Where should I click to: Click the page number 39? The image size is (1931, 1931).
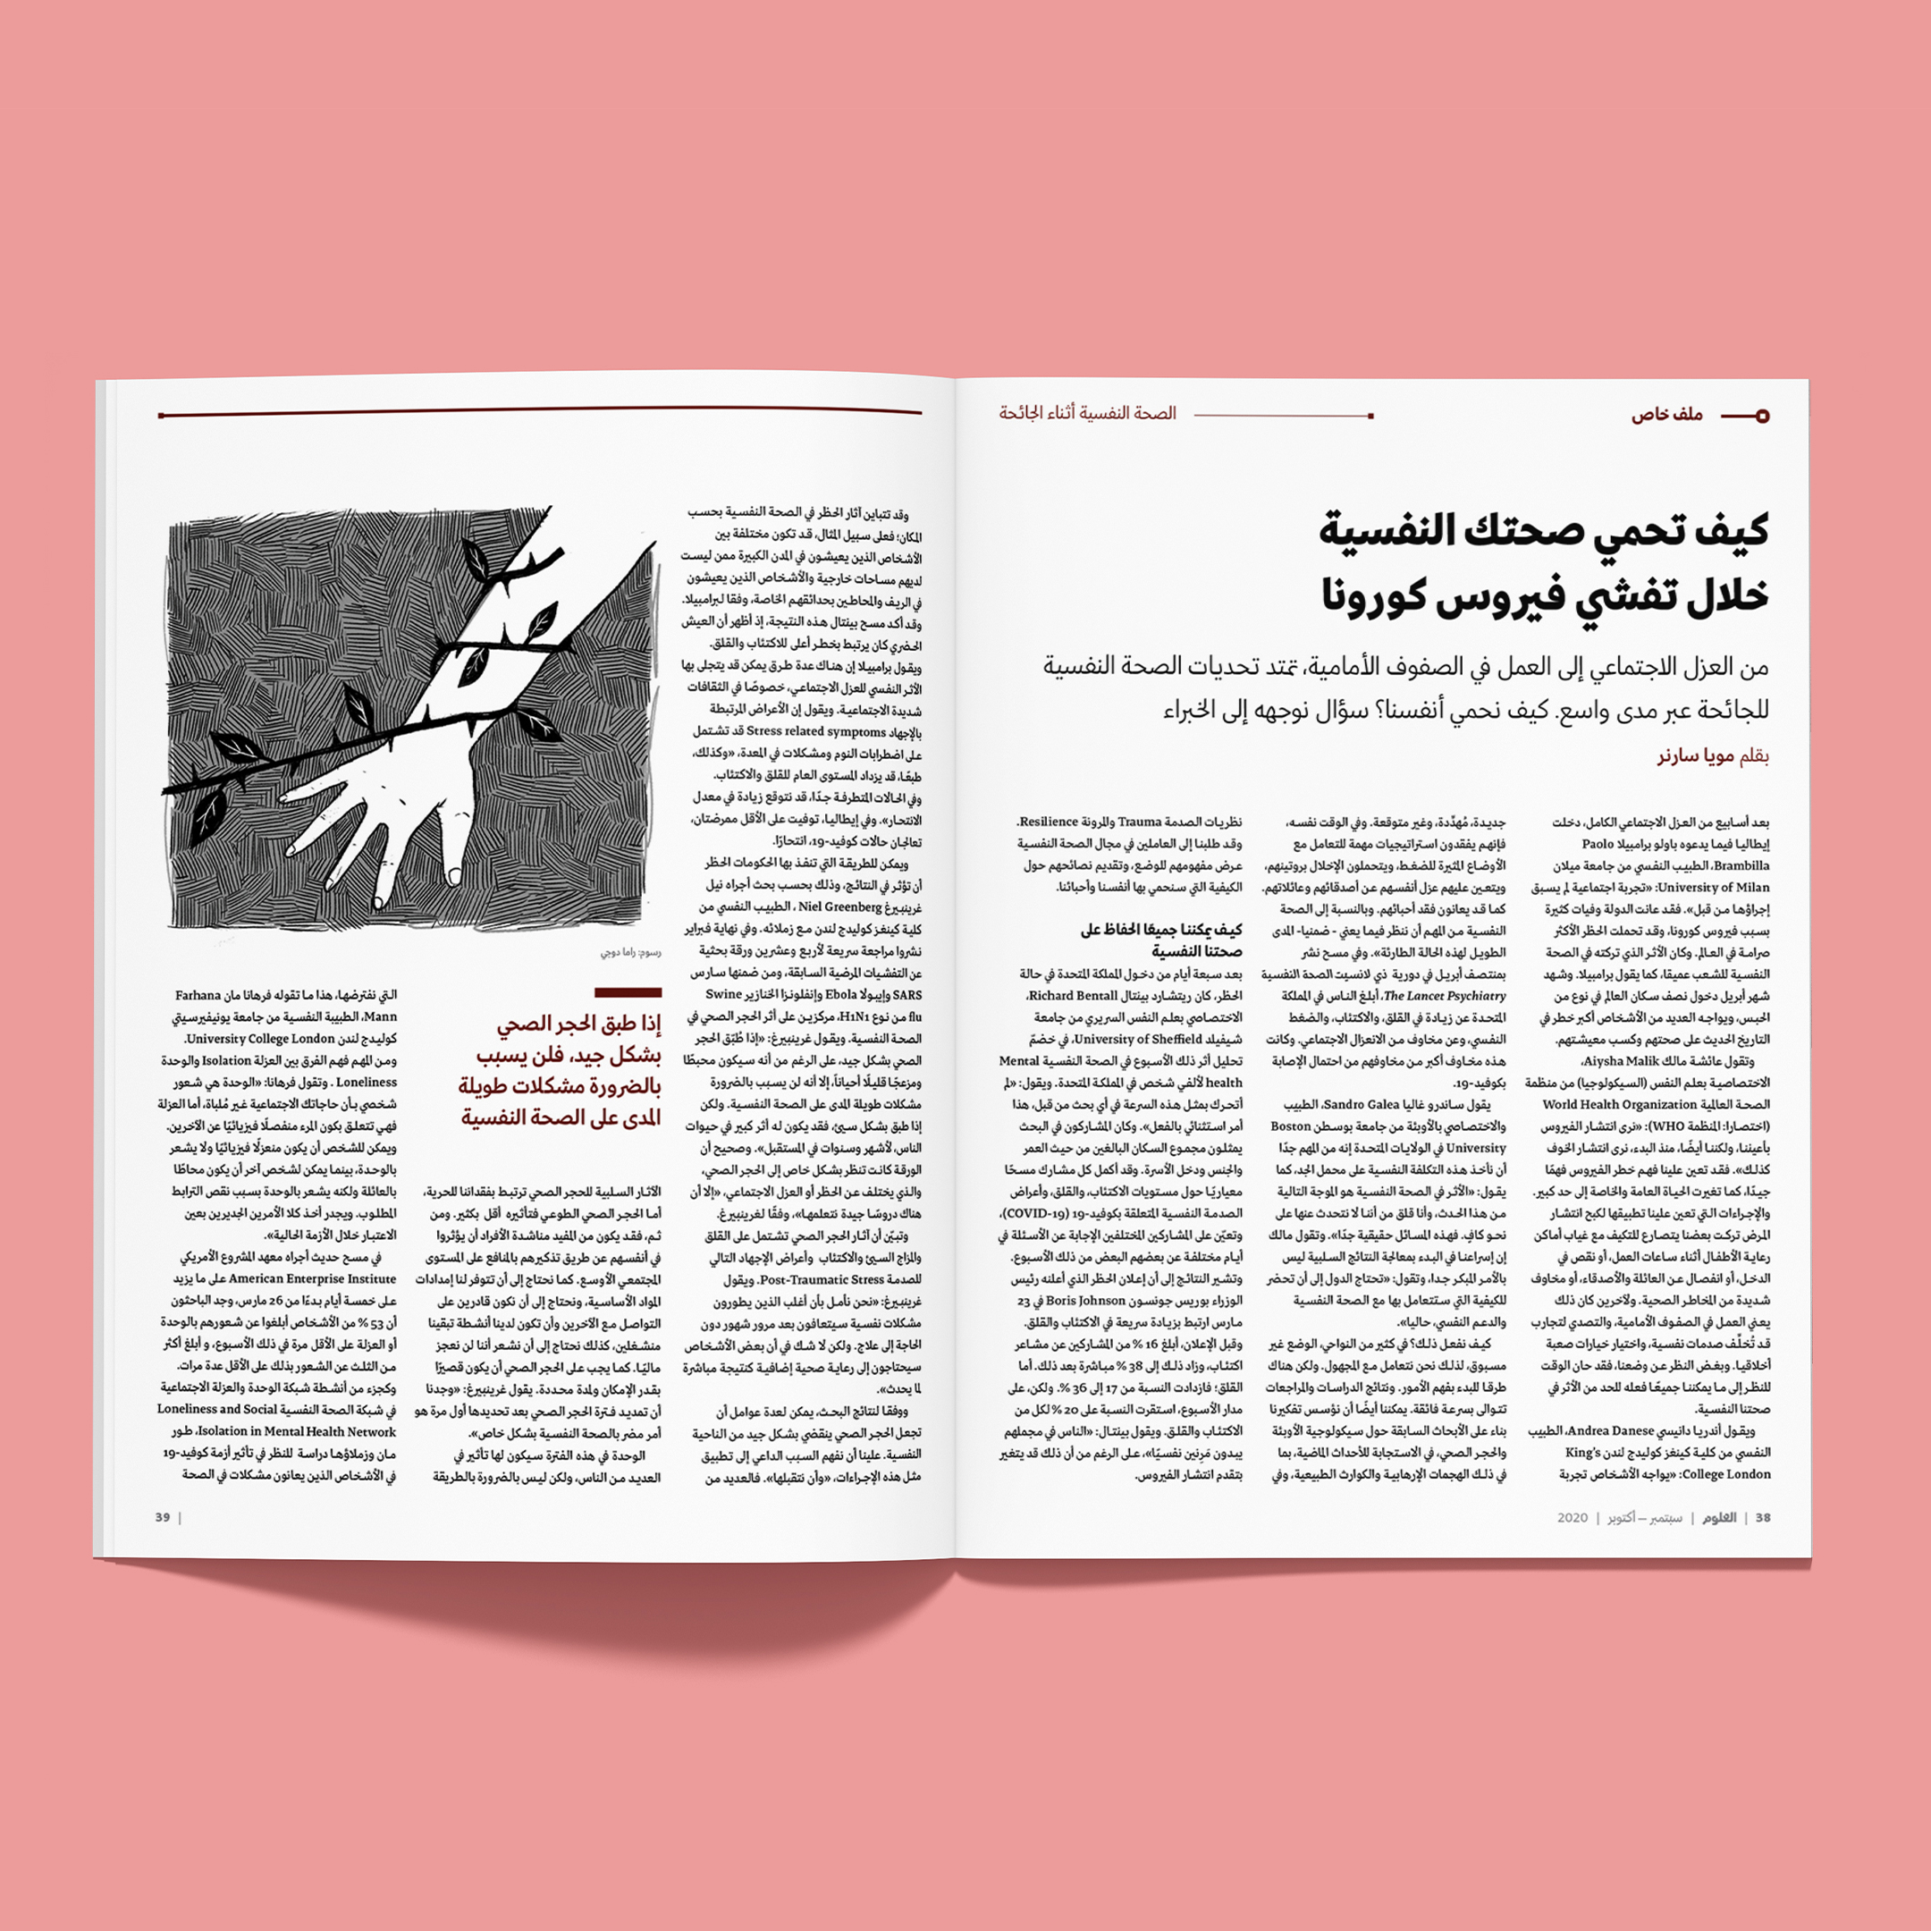163,1517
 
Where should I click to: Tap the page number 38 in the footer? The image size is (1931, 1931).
1762,1517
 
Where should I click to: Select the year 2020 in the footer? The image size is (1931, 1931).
1573,1517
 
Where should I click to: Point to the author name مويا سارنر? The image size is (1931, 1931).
1696,756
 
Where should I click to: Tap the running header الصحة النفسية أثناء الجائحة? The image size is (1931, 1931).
1087,413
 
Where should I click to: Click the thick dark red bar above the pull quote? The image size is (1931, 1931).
628,992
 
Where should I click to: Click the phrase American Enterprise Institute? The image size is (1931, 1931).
313,1278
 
